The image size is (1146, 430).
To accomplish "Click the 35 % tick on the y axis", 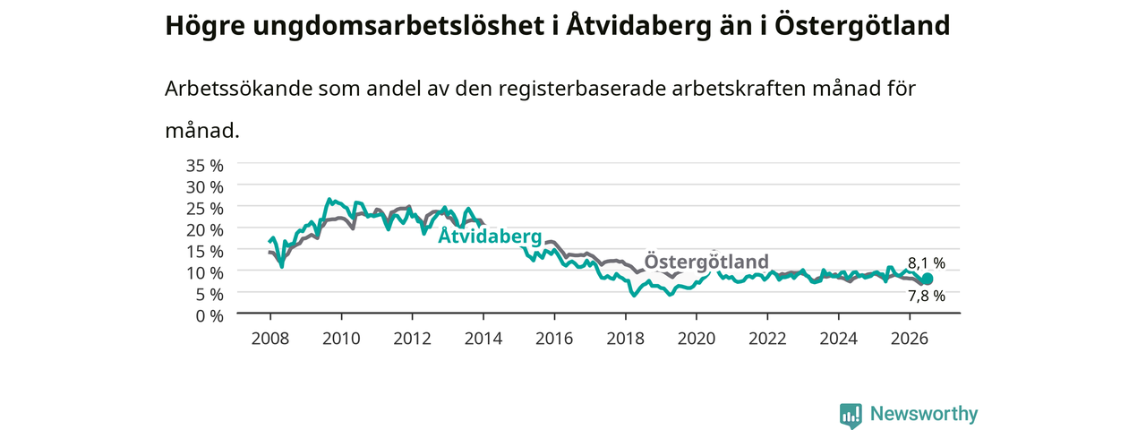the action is [x=205, y=166].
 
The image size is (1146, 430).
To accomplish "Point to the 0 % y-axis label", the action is [x=210, y=316].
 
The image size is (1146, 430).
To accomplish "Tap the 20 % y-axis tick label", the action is [x=205, y=230].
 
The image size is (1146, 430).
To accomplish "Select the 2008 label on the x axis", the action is [x=270, y=339].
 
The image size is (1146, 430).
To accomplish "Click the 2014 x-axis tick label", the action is [x=483, y=339].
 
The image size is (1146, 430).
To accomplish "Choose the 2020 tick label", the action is [x=697, y=339].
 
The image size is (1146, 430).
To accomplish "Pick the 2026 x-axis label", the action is [x=910, y=339].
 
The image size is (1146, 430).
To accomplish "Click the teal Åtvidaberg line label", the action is [x=490, y=236].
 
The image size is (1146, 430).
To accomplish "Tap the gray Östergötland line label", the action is [x=706, y=261].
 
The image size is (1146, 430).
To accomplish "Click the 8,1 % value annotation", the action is [x=927, y=263].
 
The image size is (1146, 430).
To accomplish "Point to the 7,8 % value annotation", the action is [x=927, y=296].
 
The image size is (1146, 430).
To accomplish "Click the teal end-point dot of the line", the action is [x=927, y=279].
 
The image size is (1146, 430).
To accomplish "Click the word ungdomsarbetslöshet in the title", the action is [x=398, y=26].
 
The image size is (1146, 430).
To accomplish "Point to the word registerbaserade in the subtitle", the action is [x=582, y=89].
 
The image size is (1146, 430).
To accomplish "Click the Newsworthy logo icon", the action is [x=851, y=415].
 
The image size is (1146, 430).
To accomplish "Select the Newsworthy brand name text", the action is [x=924, y=414].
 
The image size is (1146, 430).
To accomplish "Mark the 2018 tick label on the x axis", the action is [x=625, y=339].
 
